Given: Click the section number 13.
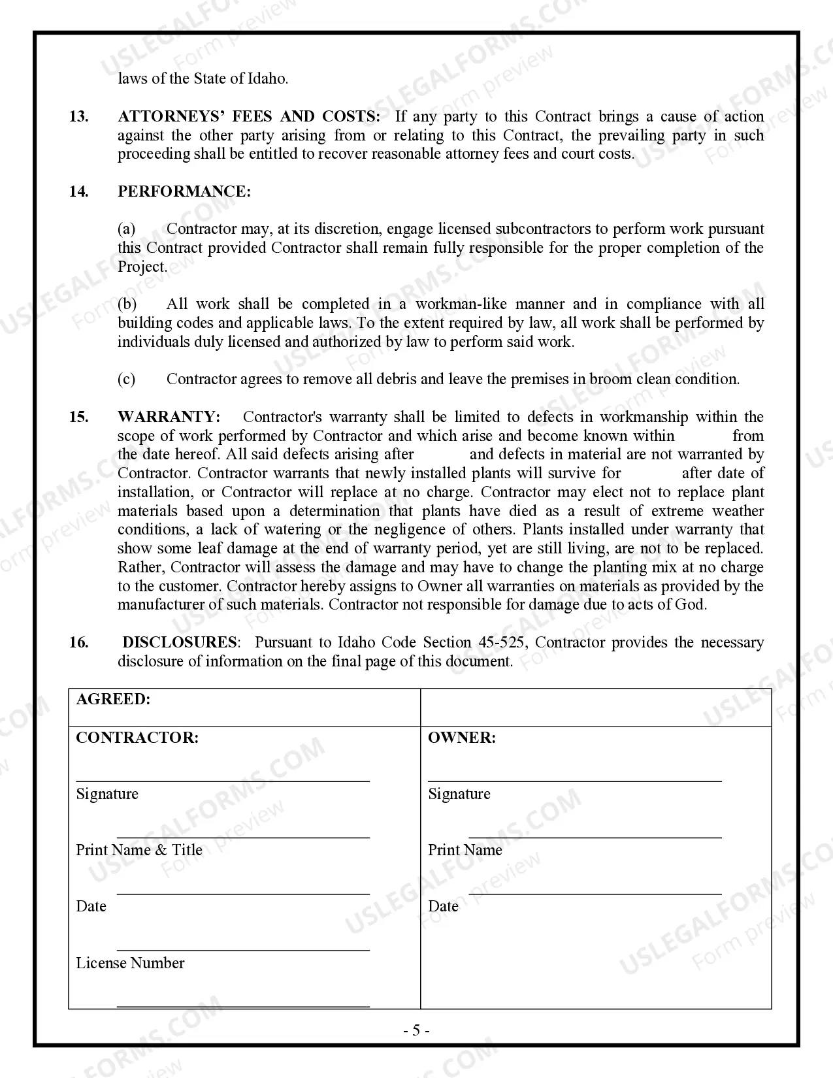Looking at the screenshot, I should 78,116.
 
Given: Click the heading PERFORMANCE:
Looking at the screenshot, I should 184,191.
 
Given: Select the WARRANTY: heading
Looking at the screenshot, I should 169,417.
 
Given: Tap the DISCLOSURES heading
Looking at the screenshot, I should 180,642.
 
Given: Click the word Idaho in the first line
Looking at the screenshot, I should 267,78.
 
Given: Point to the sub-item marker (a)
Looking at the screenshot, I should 127,229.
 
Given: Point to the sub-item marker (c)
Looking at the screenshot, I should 127,379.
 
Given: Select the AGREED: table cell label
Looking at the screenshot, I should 113,699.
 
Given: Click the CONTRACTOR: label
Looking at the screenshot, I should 137,738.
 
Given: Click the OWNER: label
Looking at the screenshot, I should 462,738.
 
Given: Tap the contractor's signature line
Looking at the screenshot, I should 223,781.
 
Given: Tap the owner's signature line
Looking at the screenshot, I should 575,781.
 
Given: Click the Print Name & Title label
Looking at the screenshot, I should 139,850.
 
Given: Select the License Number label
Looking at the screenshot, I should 130,963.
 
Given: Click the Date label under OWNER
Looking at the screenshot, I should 443,906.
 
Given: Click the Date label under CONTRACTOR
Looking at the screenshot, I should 91,906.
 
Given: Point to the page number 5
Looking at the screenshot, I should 416,1031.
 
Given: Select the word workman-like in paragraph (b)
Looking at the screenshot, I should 460,304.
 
